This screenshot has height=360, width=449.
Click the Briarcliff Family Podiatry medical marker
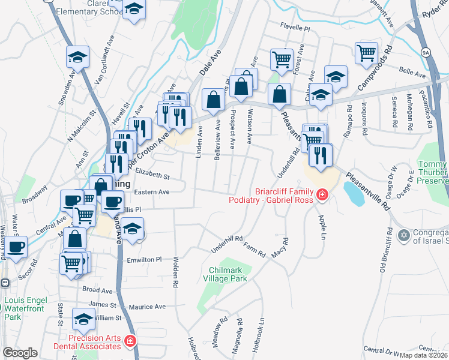(x=322, y=195)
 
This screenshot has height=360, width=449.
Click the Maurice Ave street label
(x=147, y=307)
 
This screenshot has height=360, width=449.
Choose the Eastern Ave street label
(x=152, y=192)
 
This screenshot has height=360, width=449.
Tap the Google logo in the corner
(x=20, y=352)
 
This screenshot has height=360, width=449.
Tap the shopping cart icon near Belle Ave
(x=366, y=53)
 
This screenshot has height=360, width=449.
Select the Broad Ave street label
(x=98, y=290)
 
